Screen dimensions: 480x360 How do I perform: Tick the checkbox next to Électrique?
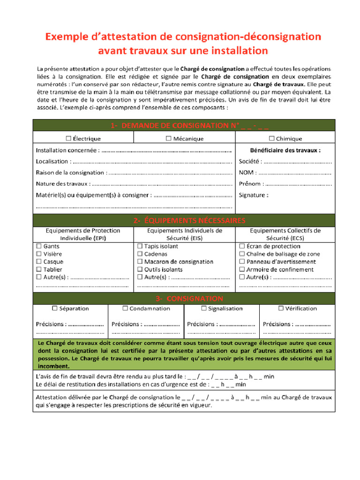tap(68, 138)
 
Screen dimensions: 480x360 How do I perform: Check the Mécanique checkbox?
tap(168, 138)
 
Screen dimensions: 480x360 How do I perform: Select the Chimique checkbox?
tap(271, 138)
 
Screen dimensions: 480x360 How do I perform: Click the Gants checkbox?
tap(39, 246)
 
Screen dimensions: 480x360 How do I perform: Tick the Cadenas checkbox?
tap(140, 254)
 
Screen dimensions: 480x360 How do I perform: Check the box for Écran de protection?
tap(242, 246)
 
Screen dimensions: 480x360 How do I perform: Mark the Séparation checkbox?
tap(55, 308)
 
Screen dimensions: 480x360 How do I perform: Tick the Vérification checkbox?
tap(281, 308)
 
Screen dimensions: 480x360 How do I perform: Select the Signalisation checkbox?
tap(203, 308)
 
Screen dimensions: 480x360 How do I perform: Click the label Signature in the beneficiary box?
tap(253, 195)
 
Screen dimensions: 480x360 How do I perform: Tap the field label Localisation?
tap(52, 161)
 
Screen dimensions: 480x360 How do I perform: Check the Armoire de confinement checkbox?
tap(242, 270)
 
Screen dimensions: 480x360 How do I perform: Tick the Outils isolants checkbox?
tap(140, 270)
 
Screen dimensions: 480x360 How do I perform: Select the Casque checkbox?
tap(39, 262)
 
